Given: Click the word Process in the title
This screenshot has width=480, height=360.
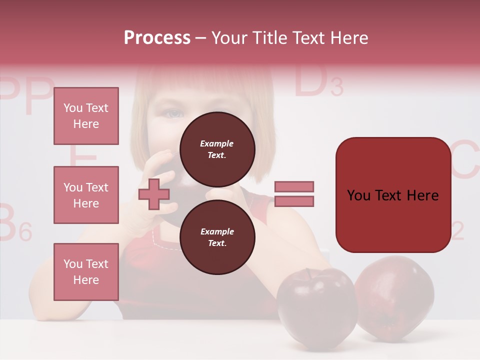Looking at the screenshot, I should coord(157,38).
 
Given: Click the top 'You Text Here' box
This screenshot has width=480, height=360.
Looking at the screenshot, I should coord(86,116).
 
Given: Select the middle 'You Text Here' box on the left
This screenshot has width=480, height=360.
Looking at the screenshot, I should coord(86,195).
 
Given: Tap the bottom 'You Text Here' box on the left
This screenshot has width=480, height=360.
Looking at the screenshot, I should coord(86,271).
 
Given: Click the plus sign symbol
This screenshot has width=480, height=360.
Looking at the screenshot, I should coord(153,194).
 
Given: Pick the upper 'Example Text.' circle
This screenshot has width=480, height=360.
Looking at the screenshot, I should coord(217,149).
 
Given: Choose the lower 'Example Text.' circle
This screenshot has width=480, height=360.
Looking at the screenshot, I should coord(217,237).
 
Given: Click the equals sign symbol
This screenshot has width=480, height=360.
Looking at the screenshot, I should coord(294,194).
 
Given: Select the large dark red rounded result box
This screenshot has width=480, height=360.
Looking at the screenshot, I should coord(393,195).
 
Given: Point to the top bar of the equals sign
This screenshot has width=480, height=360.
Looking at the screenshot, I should coord(294,186).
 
